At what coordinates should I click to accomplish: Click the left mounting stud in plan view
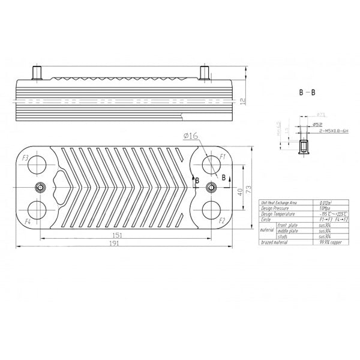coord(39,187)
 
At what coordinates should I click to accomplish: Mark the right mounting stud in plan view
coord(211,187)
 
